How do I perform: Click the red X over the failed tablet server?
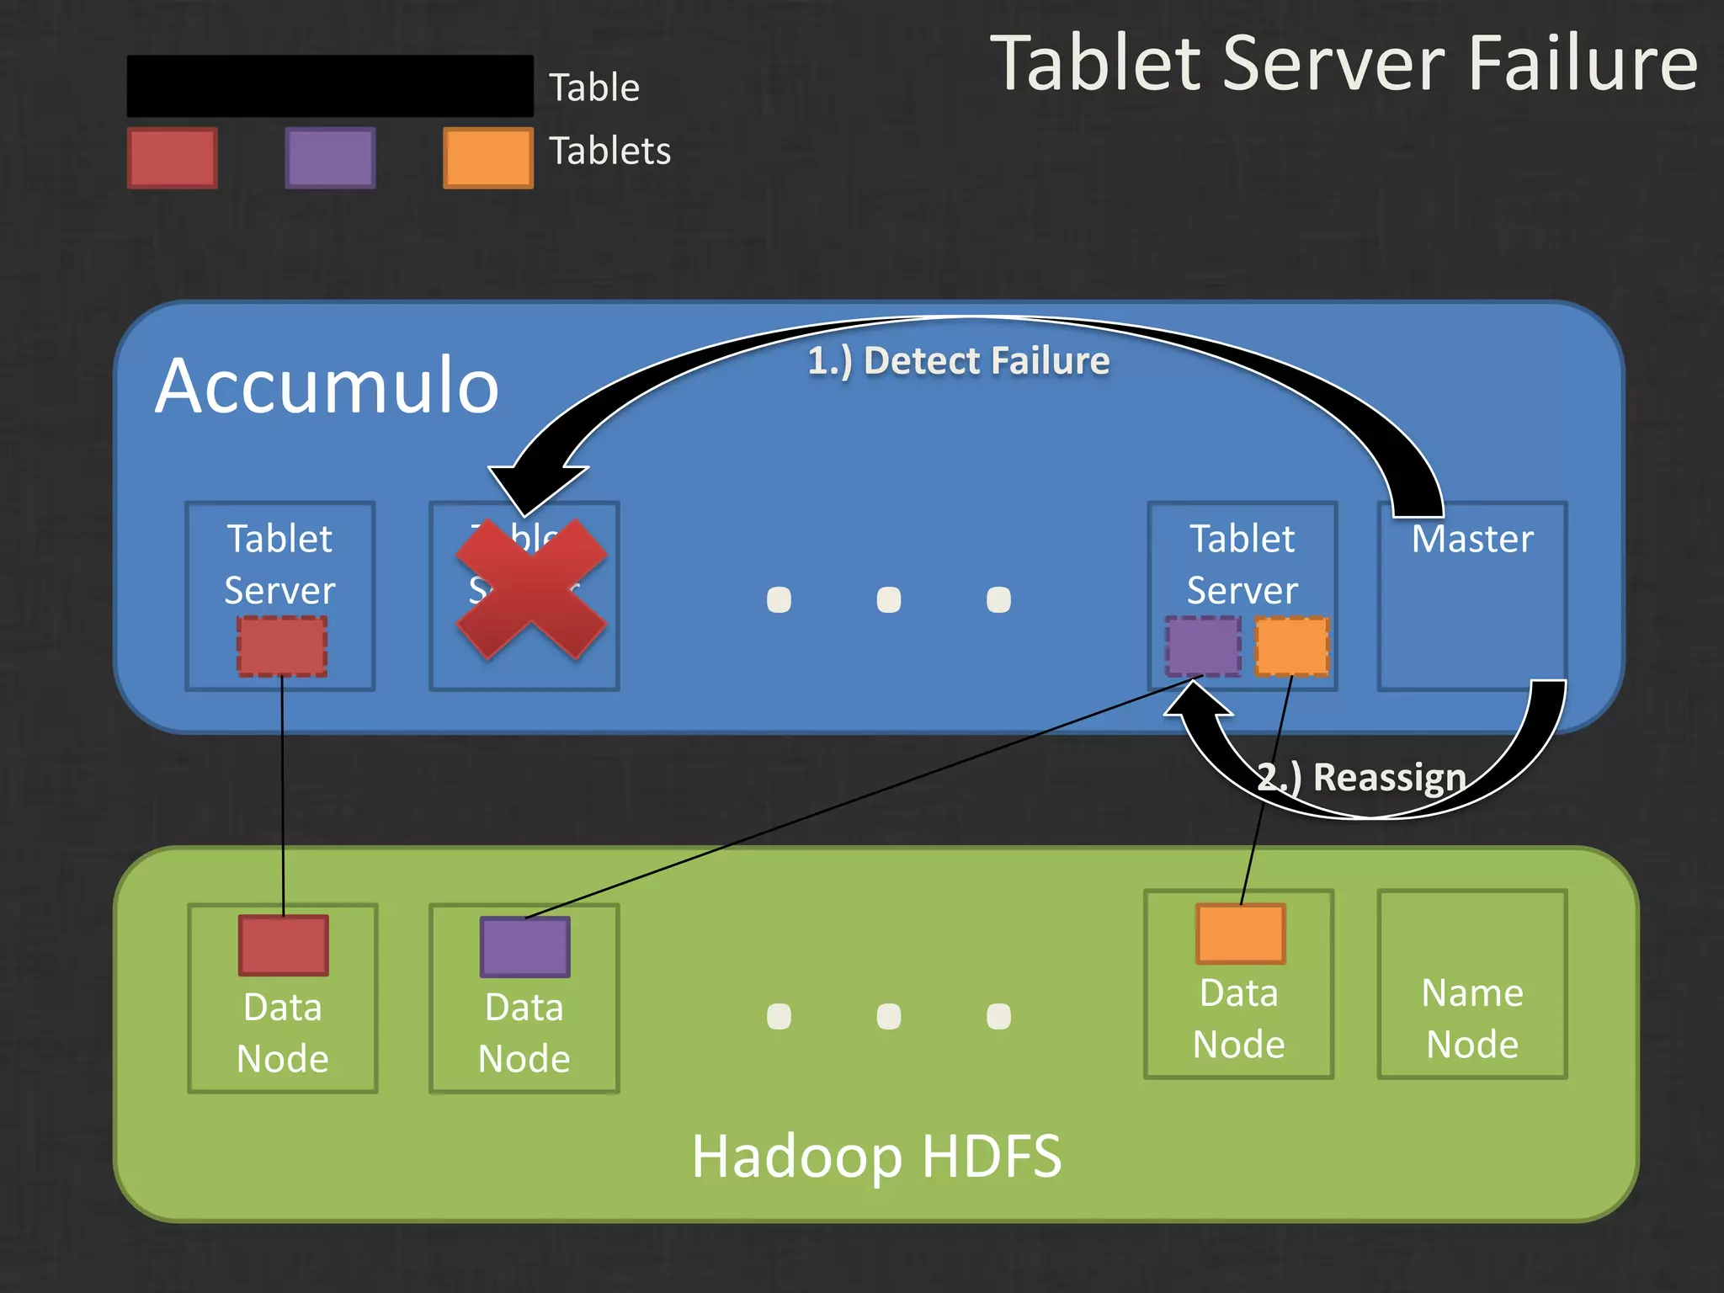click(531, 588)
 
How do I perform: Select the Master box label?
click(1471, 539)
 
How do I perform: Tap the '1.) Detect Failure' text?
click(958, 361)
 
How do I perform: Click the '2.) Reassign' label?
click(1361, 777)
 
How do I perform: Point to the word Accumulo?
click(327, 386)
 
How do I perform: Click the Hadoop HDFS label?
click(876, 1156)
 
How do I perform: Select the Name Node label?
click(1471, 1019)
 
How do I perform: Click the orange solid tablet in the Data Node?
click(1240, 934)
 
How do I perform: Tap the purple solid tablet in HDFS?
click(524, 947)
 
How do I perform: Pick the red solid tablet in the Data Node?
click(283, 945)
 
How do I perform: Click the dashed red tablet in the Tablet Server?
click(282, 646)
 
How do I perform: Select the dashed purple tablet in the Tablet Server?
click(1203, 646)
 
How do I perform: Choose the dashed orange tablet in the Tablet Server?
click(1292, 646)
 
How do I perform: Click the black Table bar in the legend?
click(329, 87)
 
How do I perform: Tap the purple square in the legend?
click(330, 157)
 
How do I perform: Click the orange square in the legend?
click(487, 157)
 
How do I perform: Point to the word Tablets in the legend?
click(609, 152)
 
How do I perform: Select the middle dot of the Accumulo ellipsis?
click(888, 599)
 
